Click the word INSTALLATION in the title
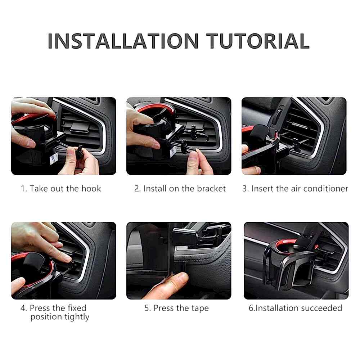click(x=123, y=41)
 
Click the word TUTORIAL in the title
click(x=258, y=41)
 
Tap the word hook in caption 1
click(x=91, y=189)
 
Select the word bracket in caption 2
click(x=211, y=189)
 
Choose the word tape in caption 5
click(x=200, y=309)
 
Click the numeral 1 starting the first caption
click(x=23, y=189)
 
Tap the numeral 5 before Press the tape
click(x=147, y=308)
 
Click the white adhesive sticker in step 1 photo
click(x=54, y=158)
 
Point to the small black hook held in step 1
click(x=80, y=152)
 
